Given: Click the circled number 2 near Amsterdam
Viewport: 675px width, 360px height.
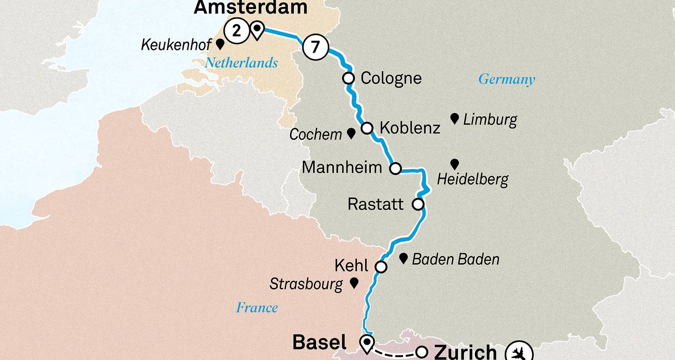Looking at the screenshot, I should tap(238, 31).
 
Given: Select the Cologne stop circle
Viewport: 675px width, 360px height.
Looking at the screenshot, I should tap(348, 78).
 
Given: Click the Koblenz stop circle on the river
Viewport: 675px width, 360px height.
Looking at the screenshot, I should tap(367, 128).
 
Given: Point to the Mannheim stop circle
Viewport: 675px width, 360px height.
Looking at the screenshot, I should tap(395, 169).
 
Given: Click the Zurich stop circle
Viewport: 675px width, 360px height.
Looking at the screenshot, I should tap(422, 351).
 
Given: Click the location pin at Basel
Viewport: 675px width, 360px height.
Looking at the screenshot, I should tap(368, 344).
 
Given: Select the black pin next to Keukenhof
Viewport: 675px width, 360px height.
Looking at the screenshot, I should tap(220, 44).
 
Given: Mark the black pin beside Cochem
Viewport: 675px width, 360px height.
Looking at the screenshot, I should tap(351, 133).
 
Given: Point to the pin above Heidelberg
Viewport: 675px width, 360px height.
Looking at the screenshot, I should tap(454, 164).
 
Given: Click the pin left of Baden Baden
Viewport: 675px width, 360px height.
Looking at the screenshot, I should tap(404, 258).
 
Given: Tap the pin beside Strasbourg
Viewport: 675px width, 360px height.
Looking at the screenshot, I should tap(354, 283).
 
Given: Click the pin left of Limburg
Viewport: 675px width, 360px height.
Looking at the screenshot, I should tap(454, 119).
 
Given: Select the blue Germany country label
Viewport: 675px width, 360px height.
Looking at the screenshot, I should tap(506, 80).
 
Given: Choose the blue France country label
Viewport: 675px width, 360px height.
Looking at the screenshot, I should tap(256, 308).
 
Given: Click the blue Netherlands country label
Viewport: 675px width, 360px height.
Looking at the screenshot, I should tap(241, 63).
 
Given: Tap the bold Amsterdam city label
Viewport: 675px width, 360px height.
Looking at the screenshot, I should tap(251, 8).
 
